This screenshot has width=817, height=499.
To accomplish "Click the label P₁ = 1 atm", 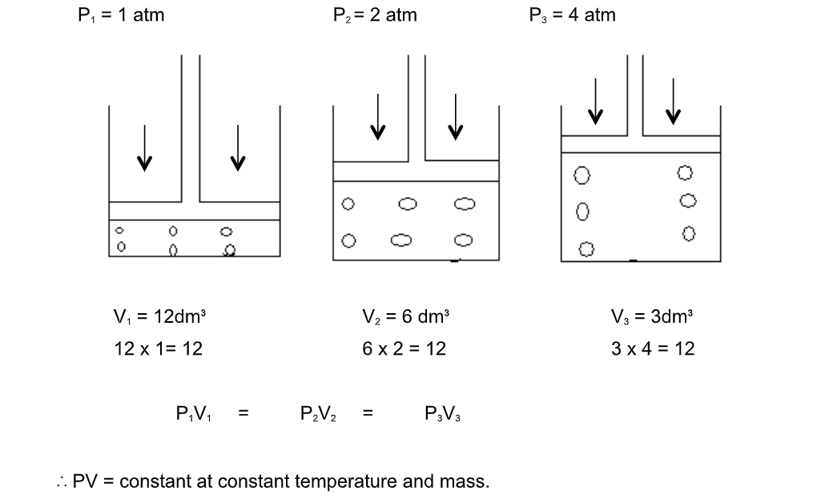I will [121, 15].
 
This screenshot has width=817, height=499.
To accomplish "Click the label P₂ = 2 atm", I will [375, 15].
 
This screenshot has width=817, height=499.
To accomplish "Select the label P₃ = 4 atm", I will [573, 15].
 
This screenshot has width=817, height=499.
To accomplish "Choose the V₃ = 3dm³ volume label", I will [652, 316].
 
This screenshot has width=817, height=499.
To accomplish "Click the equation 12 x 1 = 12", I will [159, 348].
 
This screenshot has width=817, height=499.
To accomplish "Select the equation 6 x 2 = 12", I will [404, 348].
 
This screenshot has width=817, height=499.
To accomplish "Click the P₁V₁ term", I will [193, 415].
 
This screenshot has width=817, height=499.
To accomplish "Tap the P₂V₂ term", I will [318, 415].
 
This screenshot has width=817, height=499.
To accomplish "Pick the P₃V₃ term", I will [443, 415].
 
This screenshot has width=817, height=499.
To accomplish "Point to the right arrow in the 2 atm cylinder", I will [456, 116].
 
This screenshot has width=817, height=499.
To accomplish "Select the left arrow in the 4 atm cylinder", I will [595, 102].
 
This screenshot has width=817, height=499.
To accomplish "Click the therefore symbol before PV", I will [62, 482].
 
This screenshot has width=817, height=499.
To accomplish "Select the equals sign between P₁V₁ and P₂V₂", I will [243, 415].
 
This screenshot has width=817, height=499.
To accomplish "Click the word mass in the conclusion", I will [465, 482].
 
